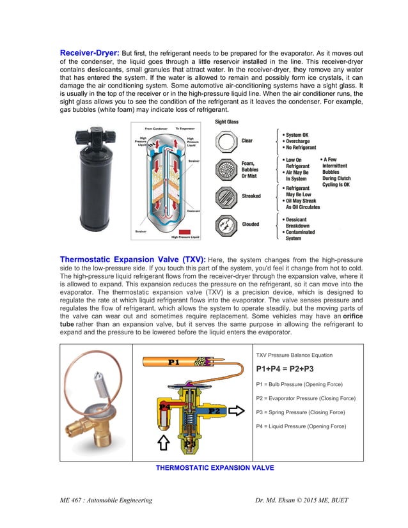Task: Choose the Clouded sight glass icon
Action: (x=226, y=225)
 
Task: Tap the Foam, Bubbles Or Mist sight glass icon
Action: (x=226, y=169)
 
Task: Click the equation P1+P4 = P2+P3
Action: (x=285, y=369)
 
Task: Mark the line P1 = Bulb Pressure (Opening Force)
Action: (x=299, y=384)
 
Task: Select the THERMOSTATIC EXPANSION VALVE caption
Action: (x=215, y=468)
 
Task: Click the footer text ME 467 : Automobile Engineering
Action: (x=106, y=501)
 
